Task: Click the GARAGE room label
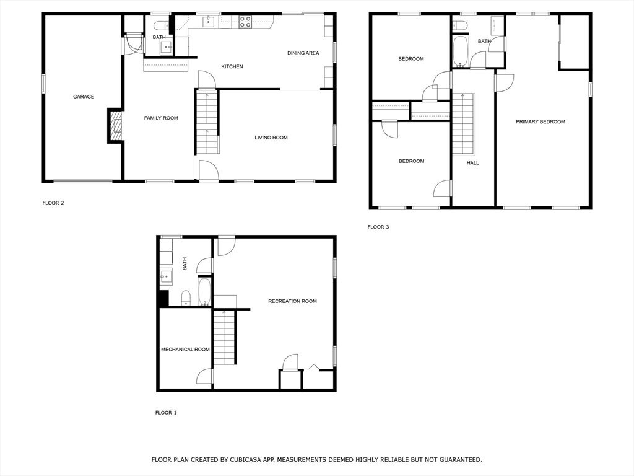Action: tap(84, 97)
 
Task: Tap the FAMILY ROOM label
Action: tap(161, 118)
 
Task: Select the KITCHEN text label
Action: tap(232, 66)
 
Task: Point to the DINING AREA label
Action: tap(303, 53)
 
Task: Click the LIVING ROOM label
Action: tap(271, 138)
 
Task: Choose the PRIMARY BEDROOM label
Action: tap(541, 122)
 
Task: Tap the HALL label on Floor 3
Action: tap(473, 163)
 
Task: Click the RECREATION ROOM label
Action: tap(292, 301)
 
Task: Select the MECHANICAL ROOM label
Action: tap(185, 350)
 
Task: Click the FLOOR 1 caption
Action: tap(166, 413)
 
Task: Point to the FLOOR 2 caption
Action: tap(53, 203)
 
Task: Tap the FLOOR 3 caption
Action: tap(378, 227)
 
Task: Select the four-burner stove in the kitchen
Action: tap(245, 22)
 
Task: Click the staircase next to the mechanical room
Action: tap(225, 338)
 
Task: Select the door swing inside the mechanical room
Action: tap(206, 376)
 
